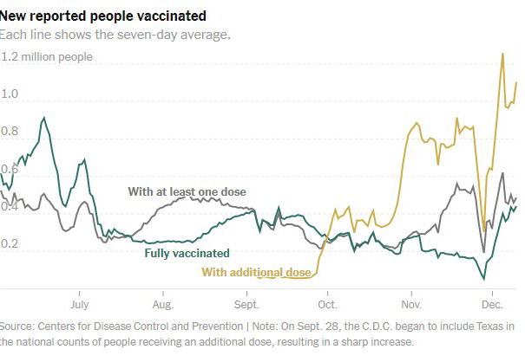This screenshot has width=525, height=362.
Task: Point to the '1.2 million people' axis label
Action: tap(48, 57)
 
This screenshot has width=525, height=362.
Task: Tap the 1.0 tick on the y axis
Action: tap(10, 94)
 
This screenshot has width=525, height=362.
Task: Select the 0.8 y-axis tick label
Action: tap(10, 132)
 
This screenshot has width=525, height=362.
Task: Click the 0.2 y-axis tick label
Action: tap(10, 244)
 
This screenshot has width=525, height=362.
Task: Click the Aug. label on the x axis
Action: tap(162, 305)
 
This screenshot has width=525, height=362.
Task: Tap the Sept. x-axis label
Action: tap(246, 305)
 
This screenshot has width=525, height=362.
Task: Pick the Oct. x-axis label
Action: tap(328, 305)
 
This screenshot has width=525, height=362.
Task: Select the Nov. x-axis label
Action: tap(410, 305)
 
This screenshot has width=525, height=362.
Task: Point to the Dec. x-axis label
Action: tap(492, 305)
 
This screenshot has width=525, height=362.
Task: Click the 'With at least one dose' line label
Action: tap(187, 191)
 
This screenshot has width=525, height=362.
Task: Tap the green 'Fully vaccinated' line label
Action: tap(187, 254)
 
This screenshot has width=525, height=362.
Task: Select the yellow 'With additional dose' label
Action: tap(256, 273)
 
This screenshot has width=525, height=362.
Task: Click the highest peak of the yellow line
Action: tap(502, 54)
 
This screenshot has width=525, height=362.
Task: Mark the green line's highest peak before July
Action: tap(44, 118)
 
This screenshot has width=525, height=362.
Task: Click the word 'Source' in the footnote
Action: tap(20, 326)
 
